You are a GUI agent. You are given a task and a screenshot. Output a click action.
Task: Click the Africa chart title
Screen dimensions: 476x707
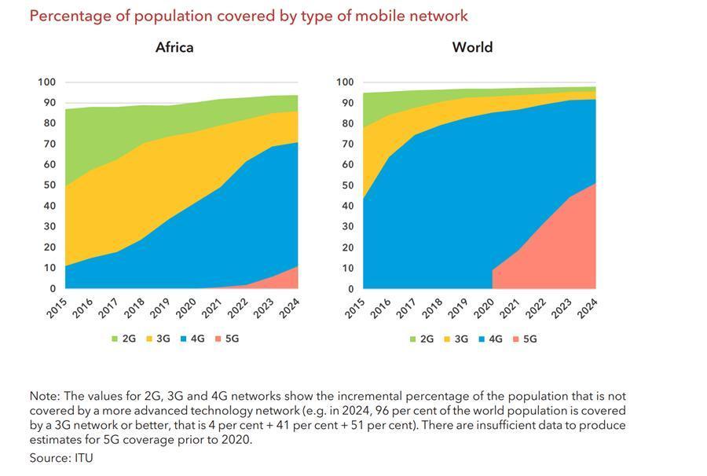tap(174, 47)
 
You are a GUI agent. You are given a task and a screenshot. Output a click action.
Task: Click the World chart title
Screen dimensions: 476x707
tap(472, 47)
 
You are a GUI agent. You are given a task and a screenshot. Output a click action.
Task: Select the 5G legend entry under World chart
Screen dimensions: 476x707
tap(524, 339)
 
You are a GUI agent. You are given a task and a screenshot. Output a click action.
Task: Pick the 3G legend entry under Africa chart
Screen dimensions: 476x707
tap(157, 339)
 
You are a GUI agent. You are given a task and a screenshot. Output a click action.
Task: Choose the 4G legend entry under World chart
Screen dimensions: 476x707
tap(489, 339)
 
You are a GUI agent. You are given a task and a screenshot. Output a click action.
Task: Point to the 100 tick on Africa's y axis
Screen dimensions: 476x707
tap(46, 82)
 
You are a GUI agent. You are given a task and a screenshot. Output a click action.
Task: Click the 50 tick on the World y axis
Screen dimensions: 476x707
tap(346, 185)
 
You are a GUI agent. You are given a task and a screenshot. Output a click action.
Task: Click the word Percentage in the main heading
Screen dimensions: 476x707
tap(68, 16)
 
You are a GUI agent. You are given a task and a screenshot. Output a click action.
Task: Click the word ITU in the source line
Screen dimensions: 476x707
tap(83, 457)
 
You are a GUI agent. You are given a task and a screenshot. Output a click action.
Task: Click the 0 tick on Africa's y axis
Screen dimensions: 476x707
tap(53, 288)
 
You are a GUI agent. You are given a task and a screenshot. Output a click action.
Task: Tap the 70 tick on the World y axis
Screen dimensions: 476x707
tap(346, 144)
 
